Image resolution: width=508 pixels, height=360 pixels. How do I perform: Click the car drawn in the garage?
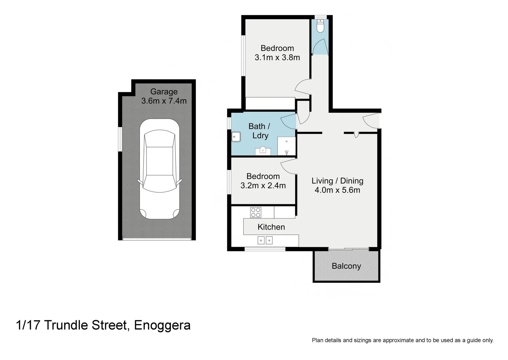click(160, 169)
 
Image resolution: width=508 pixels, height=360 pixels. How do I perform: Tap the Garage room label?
click(164, 92)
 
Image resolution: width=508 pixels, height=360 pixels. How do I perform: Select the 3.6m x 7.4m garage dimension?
click(164, 101)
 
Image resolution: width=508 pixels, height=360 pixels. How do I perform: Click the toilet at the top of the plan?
click(320, 27)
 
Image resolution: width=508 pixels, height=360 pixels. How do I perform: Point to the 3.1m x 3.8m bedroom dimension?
click(277, 57)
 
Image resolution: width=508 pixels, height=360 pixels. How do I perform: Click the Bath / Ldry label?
click(259, 131)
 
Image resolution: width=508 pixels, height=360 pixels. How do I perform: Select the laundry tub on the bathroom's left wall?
click(236, 137)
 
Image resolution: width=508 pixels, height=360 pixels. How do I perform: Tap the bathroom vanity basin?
click(263, 150)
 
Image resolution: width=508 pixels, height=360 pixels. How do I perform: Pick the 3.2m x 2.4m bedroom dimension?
click(263, 186)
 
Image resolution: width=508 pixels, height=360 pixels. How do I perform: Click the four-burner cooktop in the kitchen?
click(255, 212)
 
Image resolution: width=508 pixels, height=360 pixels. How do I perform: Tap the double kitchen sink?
click(265, 240)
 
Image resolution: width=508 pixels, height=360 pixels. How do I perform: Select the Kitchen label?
click(271, 227)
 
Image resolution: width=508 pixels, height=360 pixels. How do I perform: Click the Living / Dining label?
click(337, 181)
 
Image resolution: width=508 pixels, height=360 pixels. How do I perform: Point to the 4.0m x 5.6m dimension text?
click(337, 190)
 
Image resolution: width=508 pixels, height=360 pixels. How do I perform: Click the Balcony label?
click(346, 266)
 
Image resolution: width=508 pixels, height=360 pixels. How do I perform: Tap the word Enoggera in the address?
click(162, 325)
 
